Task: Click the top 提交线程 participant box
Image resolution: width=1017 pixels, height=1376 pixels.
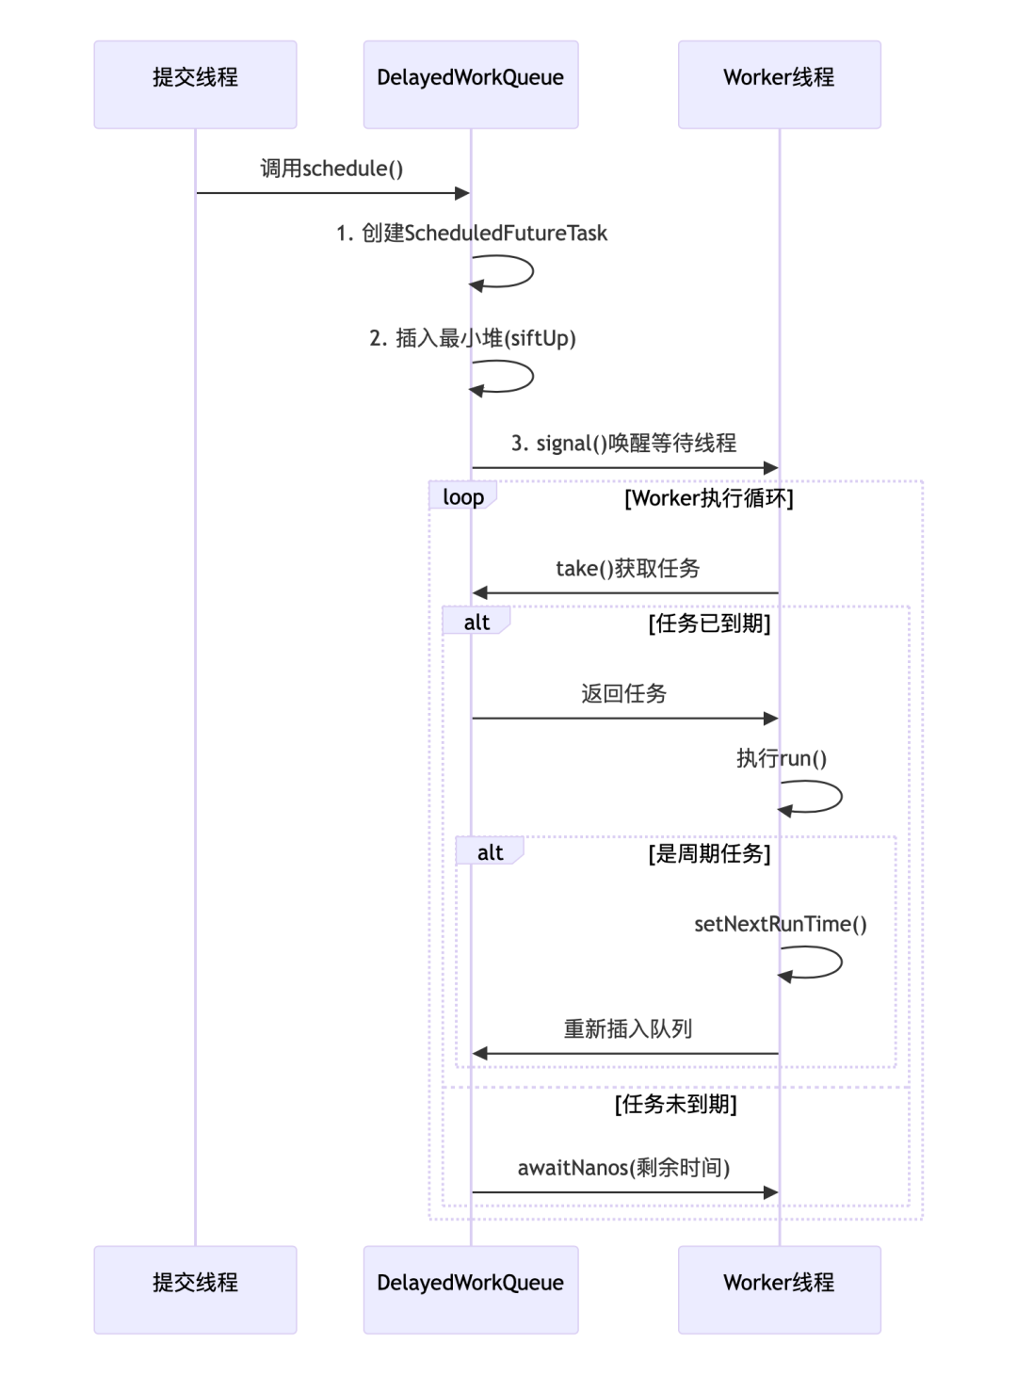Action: (x=195, y=84)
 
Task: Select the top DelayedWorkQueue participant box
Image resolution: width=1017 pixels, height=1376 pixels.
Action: (x=471, y=84)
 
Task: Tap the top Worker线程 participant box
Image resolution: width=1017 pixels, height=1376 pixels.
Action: (x=779, y=84)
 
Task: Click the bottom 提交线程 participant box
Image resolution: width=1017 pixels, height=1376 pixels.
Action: (x=195, y=1289)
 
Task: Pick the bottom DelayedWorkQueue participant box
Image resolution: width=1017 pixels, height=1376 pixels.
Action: (x=471, y=1289)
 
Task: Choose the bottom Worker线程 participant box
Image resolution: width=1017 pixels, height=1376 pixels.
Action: (x=779, y=1289)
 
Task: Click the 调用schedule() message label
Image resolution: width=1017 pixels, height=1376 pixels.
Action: (x=331, y=169)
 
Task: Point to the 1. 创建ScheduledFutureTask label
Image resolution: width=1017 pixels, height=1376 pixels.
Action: (x=472, y=234)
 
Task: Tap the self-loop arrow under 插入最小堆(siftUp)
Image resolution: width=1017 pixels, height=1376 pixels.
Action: (x=509, y=377)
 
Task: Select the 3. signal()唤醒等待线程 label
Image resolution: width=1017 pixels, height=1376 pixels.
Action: (x=623, y=444)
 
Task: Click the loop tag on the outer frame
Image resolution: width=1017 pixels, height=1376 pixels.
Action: (x=462, y=496)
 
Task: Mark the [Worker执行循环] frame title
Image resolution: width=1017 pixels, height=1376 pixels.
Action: (x=709, y=498)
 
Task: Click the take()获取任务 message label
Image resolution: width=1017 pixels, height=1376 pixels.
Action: (x=627, y=569)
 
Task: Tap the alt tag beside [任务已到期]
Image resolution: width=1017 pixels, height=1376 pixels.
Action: (x=476, y=622)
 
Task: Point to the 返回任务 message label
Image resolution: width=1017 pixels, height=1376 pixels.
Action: (x=623, y=694)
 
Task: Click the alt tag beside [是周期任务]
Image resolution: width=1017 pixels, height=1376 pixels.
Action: (x=490, y=852)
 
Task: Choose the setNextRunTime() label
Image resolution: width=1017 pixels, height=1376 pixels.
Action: (x=780, y=924)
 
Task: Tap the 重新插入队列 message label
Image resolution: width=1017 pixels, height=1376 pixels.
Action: (x=627, y=1029)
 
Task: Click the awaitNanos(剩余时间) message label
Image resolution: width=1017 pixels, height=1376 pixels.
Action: (x=623, y=1168)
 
